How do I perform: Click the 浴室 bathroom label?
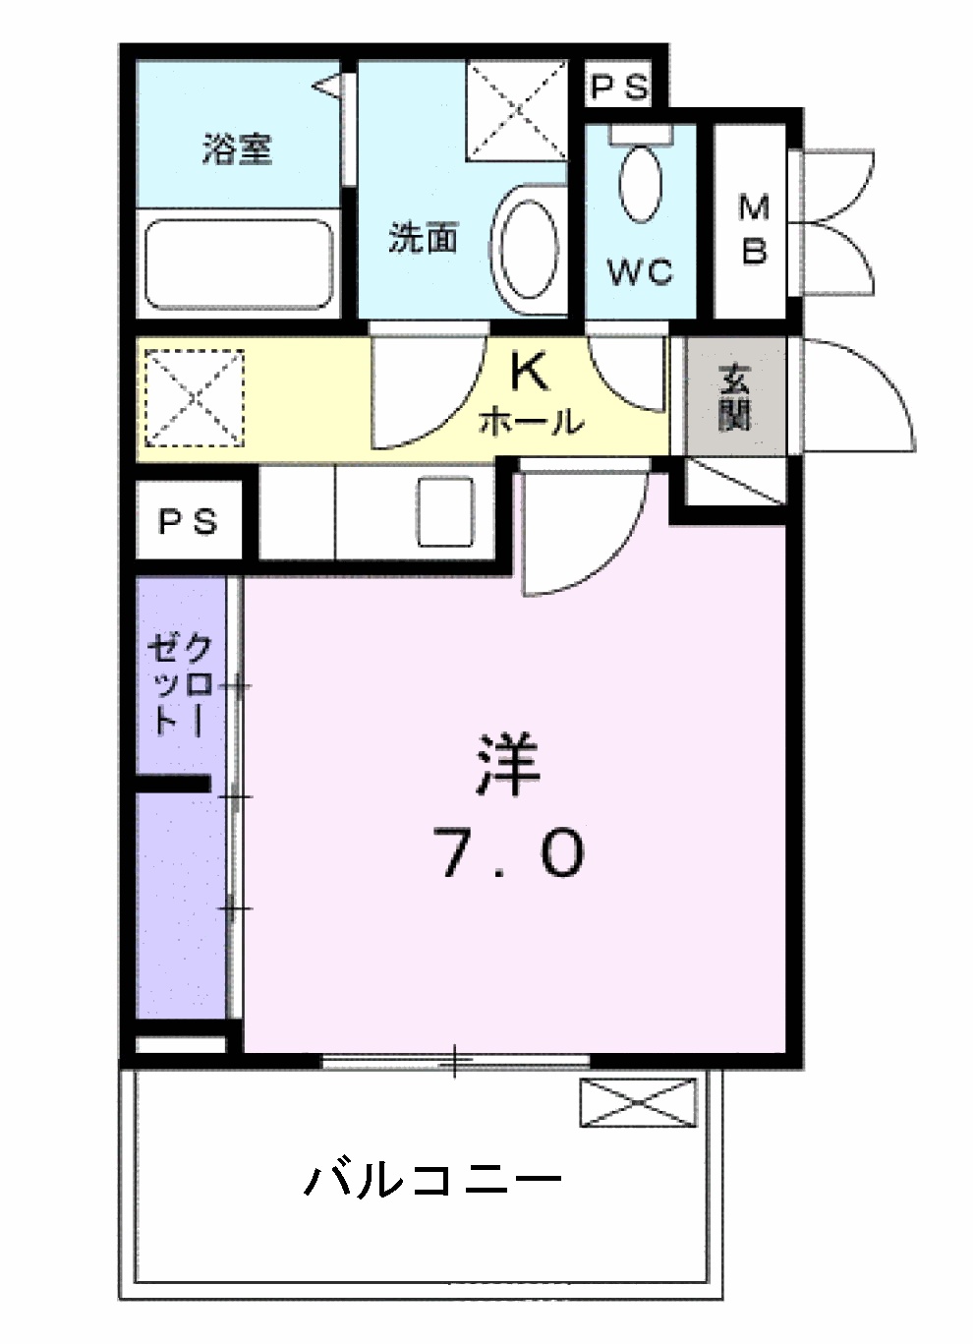click(237, 149)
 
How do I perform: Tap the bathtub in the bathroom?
click(239, 263)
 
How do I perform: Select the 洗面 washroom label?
click(423, 237)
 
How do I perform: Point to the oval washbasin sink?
click(529, 250)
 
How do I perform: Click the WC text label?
click(640, 270)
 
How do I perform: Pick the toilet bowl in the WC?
click(640, 183)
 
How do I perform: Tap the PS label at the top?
click(619, 88)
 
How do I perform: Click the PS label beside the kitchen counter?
click(188, 522)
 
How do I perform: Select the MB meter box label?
click(754, 229)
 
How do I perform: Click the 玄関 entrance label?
click(735, 396)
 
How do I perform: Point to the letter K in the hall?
click(528, 373)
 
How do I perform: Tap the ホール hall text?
click(532, 422)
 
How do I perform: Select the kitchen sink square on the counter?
click(444, 511)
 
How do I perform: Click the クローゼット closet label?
click(180, 683)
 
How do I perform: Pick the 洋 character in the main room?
click(508, 764)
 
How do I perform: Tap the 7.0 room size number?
click(510, 852)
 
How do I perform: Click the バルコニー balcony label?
click(432, 1178)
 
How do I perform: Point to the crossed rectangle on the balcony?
click(638, 1102)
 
